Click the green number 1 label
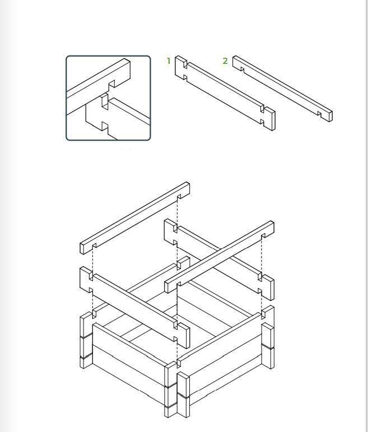point(169,61)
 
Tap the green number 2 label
point(225,61)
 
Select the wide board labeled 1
point(225,93)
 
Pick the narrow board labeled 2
point(282,89)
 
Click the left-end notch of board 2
point(242,69)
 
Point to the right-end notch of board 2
point(319,114)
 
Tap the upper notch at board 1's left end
point(185,65)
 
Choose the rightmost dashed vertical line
point(261,273)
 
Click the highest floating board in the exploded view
point(134,217)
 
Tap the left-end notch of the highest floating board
point(94,246)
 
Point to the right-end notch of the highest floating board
point(179,197)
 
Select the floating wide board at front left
point(134,307)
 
